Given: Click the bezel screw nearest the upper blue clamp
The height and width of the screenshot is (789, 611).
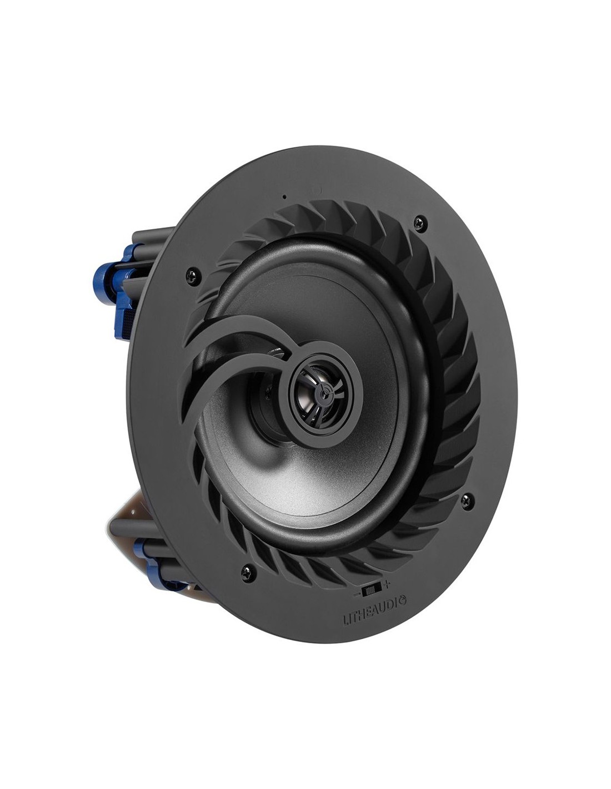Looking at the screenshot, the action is [193, 275].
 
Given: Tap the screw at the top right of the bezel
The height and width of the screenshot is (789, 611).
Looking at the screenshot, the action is [421, 221].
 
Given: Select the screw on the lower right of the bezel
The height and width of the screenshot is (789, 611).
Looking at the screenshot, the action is [467, 499].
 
